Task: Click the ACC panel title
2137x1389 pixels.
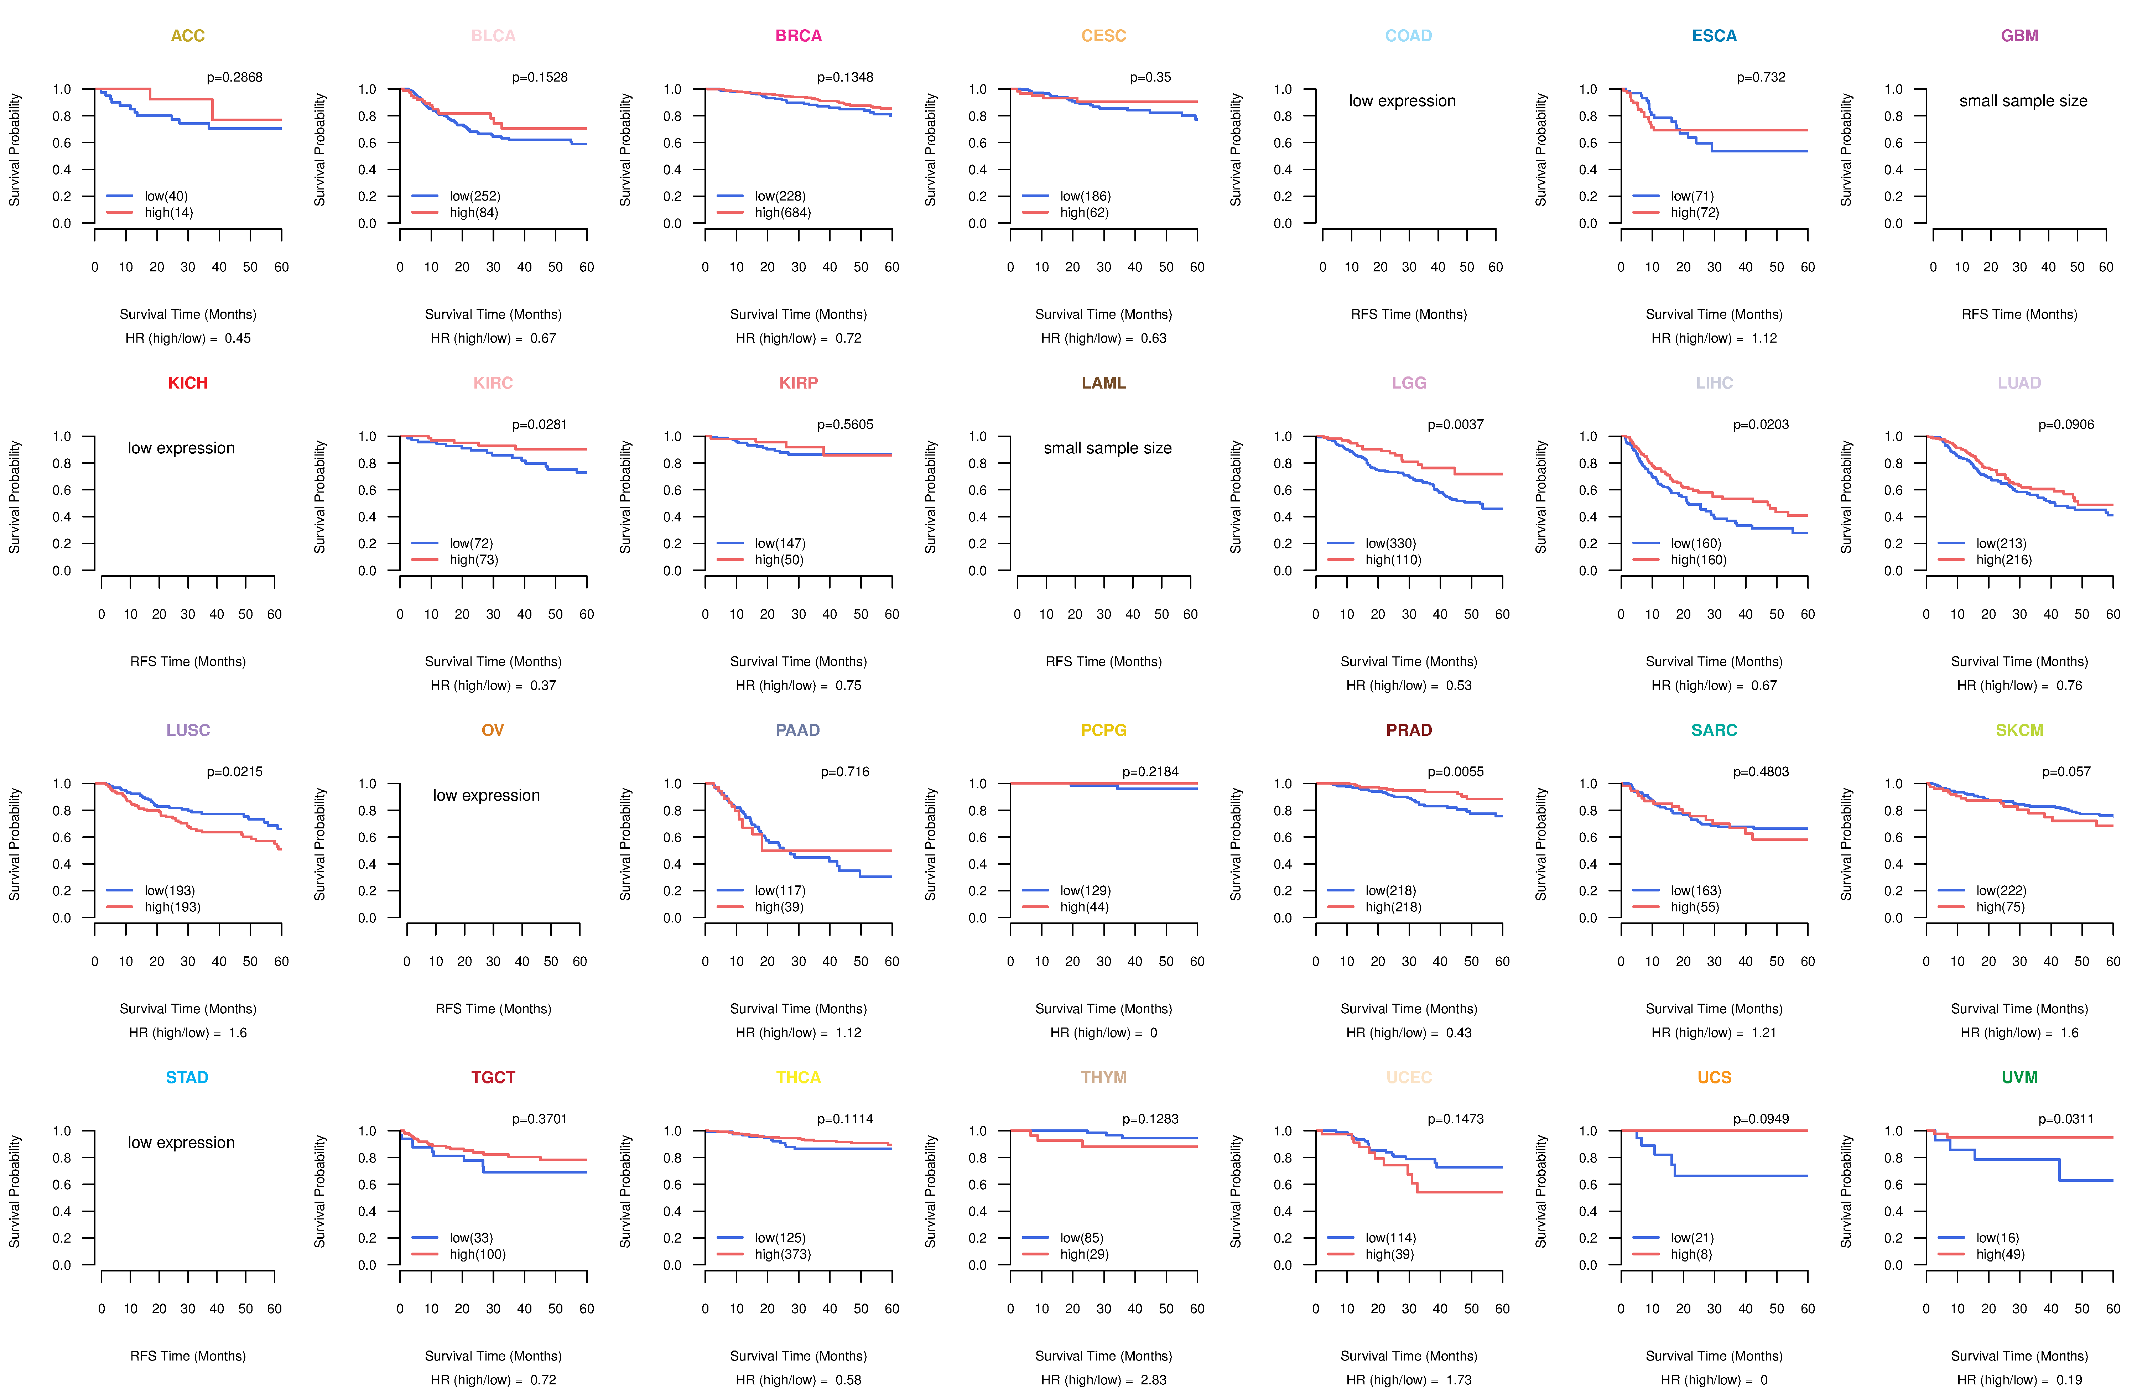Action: click(x=188, y=36)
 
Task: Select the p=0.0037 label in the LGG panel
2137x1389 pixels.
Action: click(x=1456, y=425)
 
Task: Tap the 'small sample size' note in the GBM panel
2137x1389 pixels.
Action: click(x=2023, y=100)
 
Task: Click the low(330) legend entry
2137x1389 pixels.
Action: click(x=1391, y=543)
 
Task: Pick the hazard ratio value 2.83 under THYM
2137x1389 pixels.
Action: click(x=1154, y=1380)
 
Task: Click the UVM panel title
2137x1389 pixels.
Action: click(x=2019, y=1077)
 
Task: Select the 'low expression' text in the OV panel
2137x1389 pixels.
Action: click(x=487, y=796)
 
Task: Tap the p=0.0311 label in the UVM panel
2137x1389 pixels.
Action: click(x=2066, y=1119)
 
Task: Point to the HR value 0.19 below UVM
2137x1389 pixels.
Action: click(x=2070, y=1380)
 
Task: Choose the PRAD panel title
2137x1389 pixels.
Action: click(x=1409, y=730)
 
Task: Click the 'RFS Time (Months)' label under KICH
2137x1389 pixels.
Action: click(x=188, y=662)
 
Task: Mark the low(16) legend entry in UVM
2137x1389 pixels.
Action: click(x=1998, y=1238)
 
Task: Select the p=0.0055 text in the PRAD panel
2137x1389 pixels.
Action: click(x=1456, y=772)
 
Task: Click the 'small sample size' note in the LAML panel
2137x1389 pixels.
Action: click(x=1107, y=448)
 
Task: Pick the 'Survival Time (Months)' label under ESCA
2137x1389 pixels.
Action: click(x=1714, y=314)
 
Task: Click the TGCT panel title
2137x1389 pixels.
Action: click(x=493, y=1077)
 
